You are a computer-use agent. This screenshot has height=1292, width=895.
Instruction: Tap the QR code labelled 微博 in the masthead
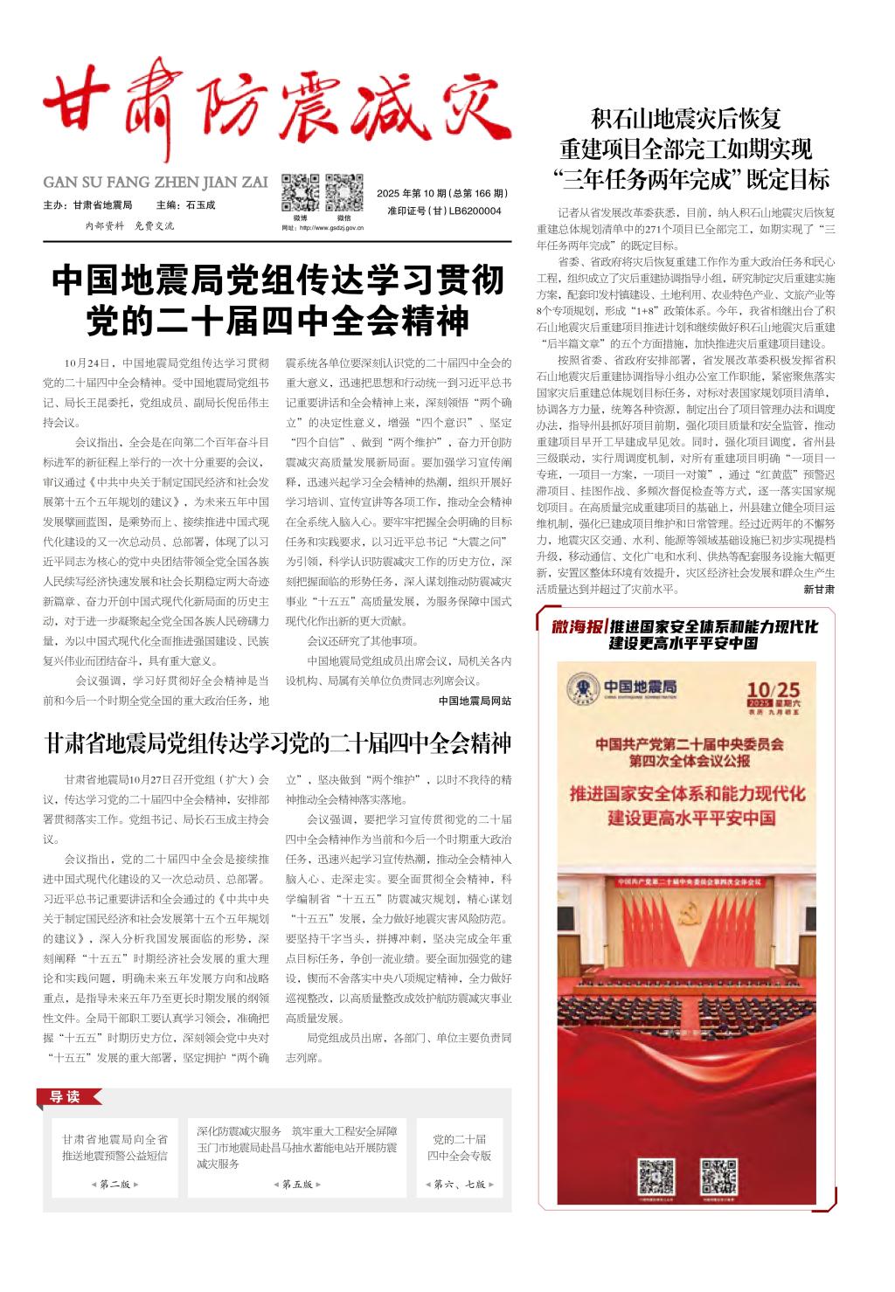tap(300, 193)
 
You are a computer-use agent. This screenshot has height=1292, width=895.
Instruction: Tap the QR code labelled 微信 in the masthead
tap(344, 193)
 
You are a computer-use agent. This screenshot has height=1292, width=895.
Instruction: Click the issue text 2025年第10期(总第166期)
tap(443, 193)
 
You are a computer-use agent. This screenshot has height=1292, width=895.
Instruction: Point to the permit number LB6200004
tap(444, 211)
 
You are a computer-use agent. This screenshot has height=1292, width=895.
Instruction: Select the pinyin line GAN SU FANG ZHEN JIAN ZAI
tap(156, 183)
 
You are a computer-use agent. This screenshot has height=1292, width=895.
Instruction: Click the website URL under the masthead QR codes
tap(323, 228)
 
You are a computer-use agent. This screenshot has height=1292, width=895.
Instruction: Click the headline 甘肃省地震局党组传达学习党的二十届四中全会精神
tap(277, 744)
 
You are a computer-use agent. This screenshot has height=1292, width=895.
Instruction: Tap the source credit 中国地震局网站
tap(475, 701)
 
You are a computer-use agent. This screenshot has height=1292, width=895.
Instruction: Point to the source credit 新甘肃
tap(819, 590)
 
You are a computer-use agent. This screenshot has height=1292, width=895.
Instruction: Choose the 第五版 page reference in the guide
tap(297, 1185)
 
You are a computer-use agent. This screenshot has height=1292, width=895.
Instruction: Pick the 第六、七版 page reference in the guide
tap(460, 1185)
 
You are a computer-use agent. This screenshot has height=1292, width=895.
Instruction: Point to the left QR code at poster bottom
tap(656, 1176)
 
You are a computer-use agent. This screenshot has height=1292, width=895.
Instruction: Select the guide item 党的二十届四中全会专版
tap(460, 1147)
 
